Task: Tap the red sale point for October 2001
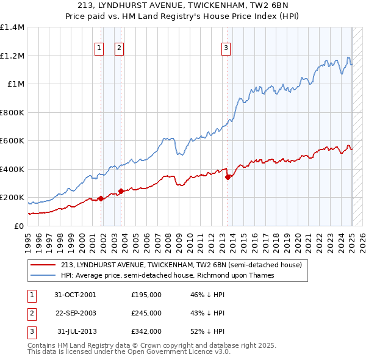coord(101,198)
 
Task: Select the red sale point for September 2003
coord(121,191)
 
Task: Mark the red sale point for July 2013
coord(228,178)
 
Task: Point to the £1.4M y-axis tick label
coord(12,27)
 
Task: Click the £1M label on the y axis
coord(16,84)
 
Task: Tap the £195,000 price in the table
coord(146,294)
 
